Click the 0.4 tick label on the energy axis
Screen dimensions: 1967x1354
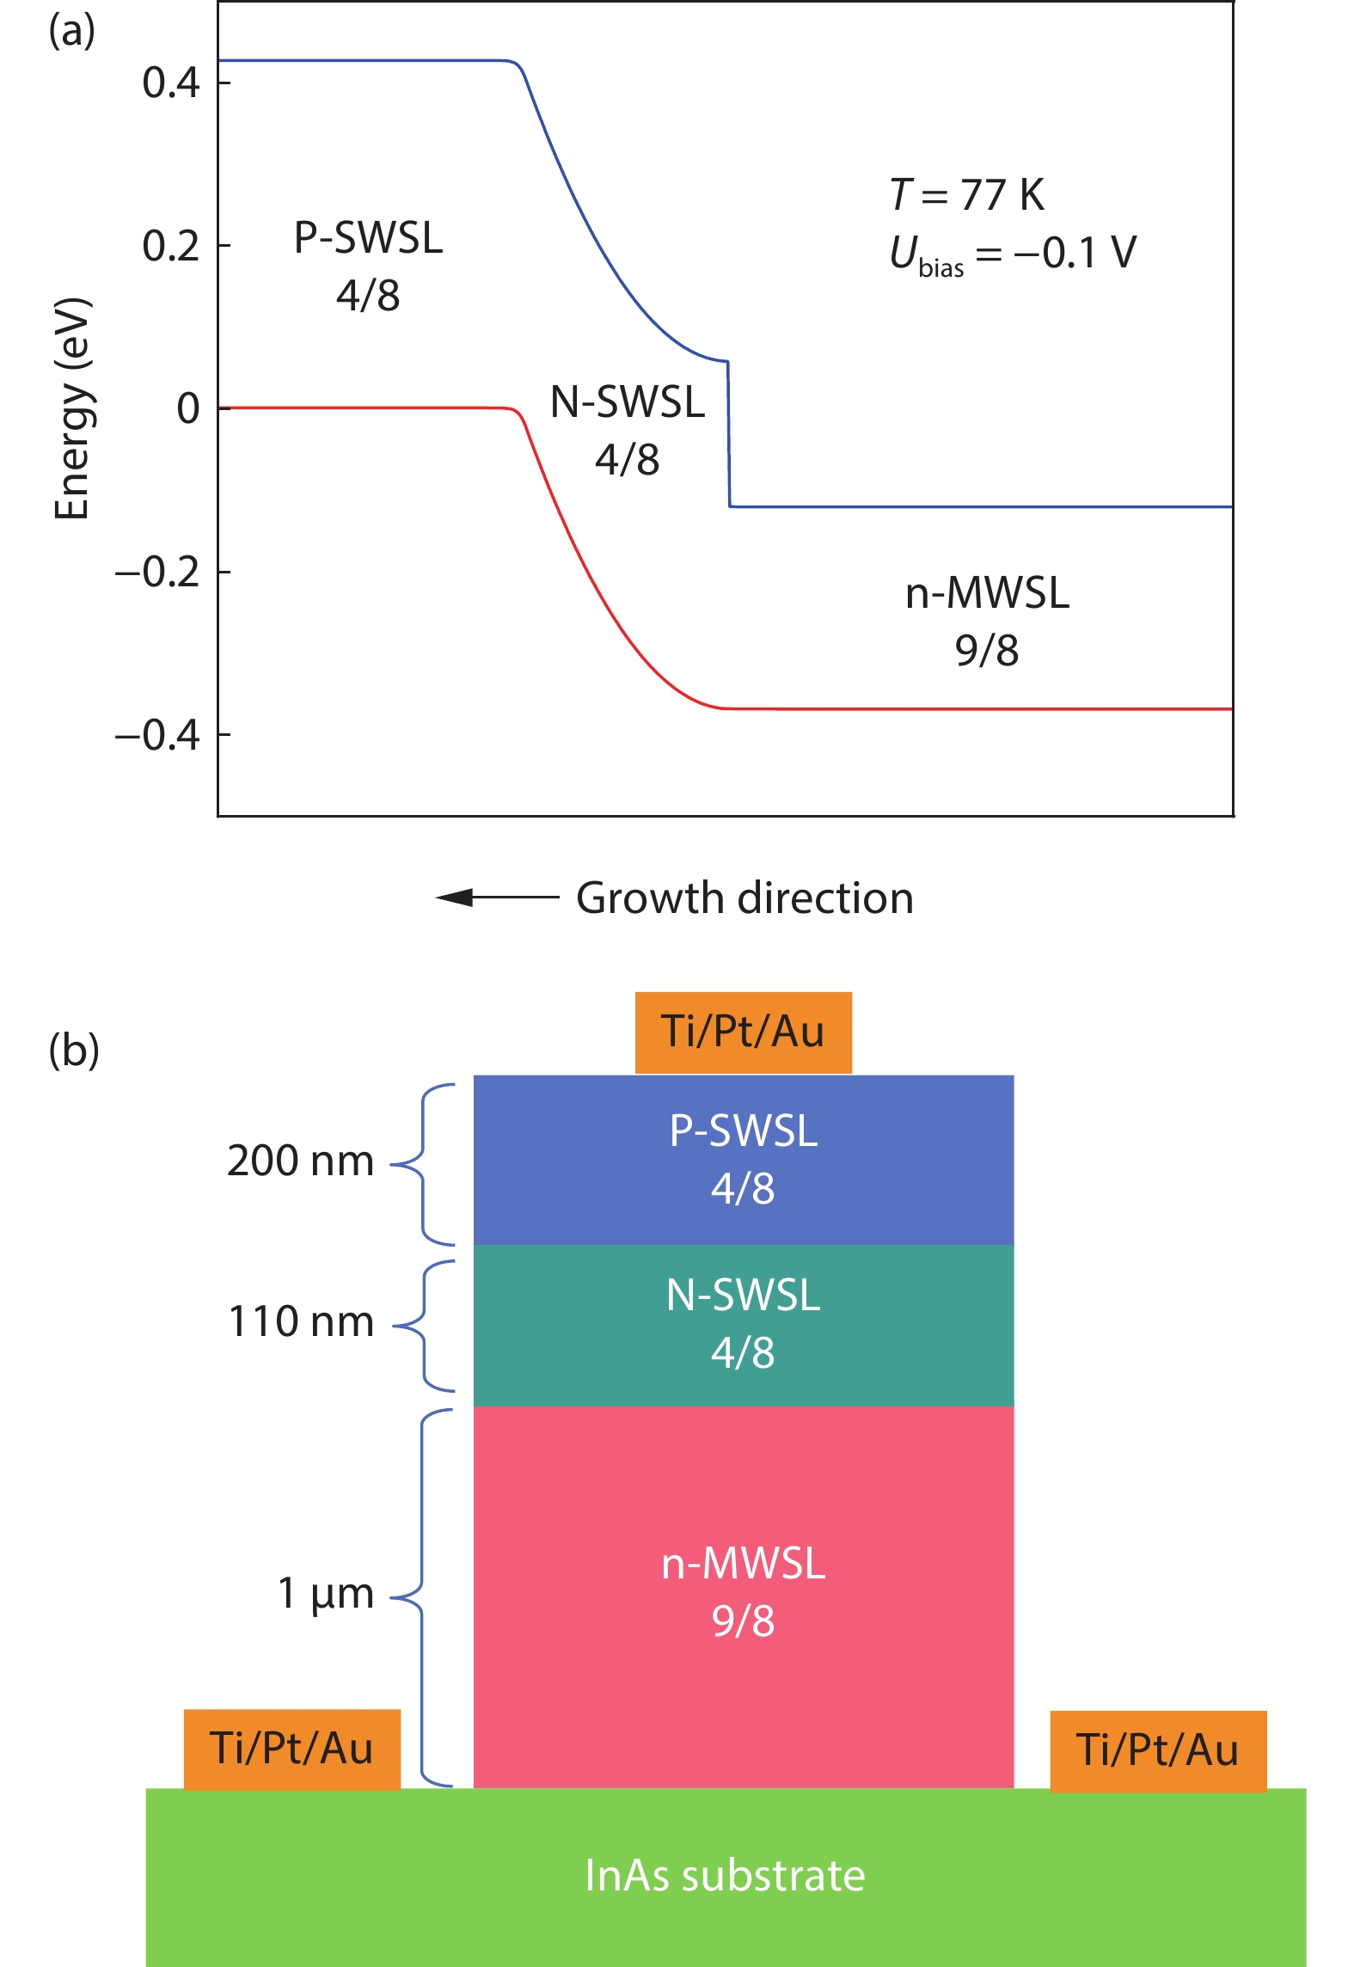(x=170, y=83)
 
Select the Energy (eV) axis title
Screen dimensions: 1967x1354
(x=72, y=409)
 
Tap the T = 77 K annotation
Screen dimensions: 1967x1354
(x=966, y=195)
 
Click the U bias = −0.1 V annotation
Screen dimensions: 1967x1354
(x=1012, y=254)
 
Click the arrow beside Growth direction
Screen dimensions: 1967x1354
(x=497, y=898)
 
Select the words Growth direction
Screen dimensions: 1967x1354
(x=744, y=898)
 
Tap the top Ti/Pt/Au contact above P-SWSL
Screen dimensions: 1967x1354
(x=743, y=1033)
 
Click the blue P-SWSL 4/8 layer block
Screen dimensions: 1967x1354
(x=743, y=1159)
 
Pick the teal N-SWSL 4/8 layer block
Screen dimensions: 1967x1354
(x=743, y=1325)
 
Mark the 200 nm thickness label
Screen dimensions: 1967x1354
(x=300, y=1161)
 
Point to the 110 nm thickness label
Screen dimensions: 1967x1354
(x=301, y=1322)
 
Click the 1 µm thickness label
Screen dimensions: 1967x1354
(x=325, y=1593)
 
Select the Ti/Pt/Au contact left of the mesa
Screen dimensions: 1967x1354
(x=291, y=1749)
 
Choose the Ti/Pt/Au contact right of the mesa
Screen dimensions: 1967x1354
(x=1157, y=1750)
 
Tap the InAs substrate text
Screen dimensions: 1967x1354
(x=725, y=1876)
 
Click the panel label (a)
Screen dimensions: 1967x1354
(x=71, y=32)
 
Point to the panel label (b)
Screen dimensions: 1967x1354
(x=74, y=1051)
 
